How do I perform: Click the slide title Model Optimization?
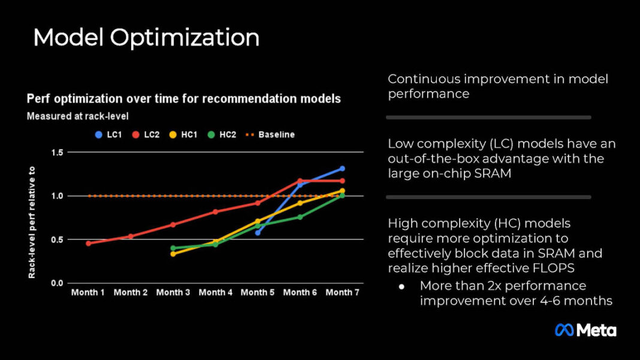pyautogui.click(x=146, y=37)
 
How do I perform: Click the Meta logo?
pyautogui.click(x=585, y=330)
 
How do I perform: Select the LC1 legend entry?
pyautogui.click(x=108, y=135)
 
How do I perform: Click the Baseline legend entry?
pyautogui.click(x=270, y=135)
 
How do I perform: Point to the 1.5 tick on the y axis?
pyautogui.click(x=57, y=153)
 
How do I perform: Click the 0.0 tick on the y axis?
pyautogui.click(x=57, y=283)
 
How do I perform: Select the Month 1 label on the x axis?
pyautogui.click(x=88, y=292)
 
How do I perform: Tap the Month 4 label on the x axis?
pyautogui.click(x=216, y=292)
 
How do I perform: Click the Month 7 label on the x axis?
pyautogui.click(x=342, y=292)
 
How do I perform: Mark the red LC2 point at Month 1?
pyautogui.click(x=88, y=243)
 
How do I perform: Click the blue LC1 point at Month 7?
pyautogui.click(x=342, y=168)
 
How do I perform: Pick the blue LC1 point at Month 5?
pyautogui.click(x=258, y=232)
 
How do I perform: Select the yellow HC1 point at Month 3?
pyautogui.click(x=173, y=254)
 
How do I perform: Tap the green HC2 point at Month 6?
pyautogui.click(x=300, y=217)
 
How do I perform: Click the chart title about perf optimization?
pyautogui.click(x=183, y=99)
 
